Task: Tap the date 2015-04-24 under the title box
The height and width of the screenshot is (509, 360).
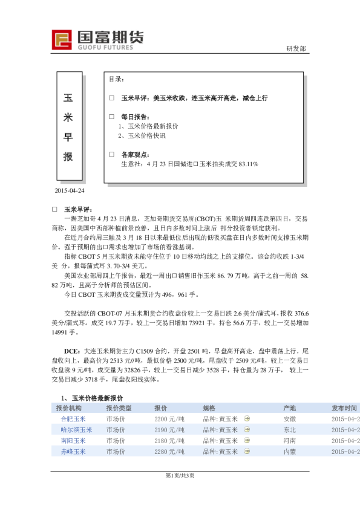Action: [70, 190]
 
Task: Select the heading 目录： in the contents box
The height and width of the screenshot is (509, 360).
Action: [117, 79]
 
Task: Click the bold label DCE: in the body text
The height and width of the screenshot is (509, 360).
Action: [73, 351]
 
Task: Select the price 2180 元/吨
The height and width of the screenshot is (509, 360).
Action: [169, 441]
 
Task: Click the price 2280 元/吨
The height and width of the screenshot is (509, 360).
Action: [169, 452]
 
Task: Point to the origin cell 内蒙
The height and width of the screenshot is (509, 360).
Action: [289, 452]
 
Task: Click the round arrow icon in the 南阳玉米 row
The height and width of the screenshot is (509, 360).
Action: [247, 441]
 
